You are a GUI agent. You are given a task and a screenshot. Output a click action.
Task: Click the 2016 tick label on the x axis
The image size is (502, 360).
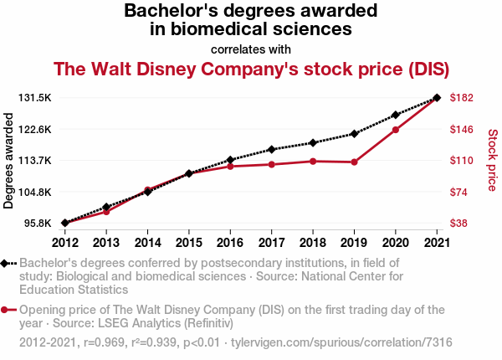230,243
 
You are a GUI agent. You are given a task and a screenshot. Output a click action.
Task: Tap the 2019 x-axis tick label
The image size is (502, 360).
354,243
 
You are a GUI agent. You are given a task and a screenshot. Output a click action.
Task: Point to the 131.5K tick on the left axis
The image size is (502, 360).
36,98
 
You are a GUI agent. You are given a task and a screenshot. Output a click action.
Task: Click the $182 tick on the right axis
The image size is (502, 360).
463,98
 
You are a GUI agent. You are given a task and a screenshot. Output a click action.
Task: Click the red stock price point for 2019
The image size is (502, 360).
354,162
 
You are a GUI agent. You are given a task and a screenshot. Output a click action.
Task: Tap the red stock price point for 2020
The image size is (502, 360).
395,130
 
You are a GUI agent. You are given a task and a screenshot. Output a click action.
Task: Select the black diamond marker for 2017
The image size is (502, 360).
271,150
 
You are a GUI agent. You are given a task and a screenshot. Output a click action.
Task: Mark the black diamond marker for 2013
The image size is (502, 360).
106,207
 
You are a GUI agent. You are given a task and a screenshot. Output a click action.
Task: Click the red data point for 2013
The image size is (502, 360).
106,212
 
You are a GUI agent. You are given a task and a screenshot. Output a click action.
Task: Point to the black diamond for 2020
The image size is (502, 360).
395,115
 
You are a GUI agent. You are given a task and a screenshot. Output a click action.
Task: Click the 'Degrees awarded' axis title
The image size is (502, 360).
9,161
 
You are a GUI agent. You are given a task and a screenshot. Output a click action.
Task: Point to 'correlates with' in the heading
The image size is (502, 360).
250,49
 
